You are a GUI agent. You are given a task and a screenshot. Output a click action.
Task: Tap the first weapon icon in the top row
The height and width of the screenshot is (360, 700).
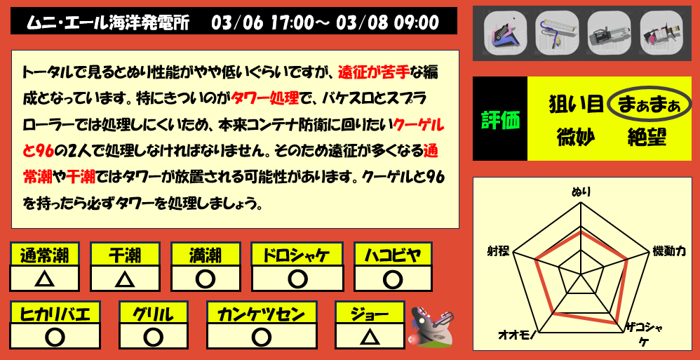tap(503, 32)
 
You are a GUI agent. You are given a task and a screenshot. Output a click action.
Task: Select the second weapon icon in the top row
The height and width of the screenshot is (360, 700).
tap(553, 32)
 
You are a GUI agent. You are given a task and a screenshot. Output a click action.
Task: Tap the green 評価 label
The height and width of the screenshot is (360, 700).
tap(500, 119)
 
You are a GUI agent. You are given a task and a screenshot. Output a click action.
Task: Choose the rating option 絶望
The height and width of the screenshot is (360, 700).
tap(646, 136)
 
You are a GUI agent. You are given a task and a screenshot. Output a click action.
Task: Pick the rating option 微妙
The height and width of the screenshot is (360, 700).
tap(576, 136)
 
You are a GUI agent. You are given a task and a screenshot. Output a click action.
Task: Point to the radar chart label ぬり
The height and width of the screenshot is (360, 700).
tap(581, 191)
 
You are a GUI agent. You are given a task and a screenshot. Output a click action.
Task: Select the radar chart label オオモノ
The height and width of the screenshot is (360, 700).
tap(517, 335)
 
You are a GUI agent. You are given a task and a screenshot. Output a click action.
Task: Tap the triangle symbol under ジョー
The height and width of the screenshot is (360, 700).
tap(369, 337)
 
